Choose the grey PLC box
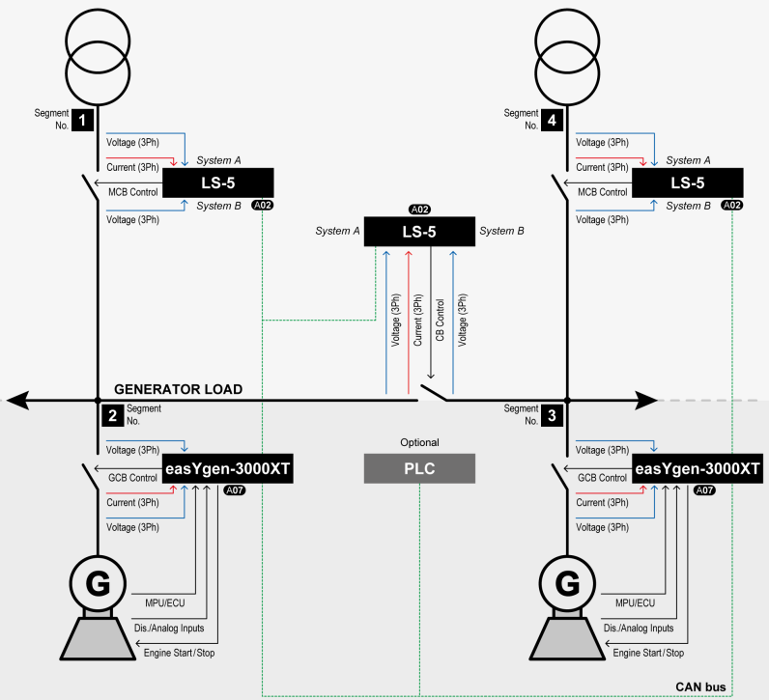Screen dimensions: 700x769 click(419, 468)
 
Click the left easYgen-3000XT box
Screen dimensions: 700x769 click(227, 468)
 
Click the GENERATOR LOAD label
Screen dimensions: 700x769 click(178, 389)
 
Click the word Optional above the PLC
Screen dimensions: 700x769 click(419, 442)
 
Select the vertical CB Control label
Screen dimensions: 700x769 click(440, 320)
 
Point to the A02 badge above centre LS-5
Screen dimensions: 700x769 click(419, 210)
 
